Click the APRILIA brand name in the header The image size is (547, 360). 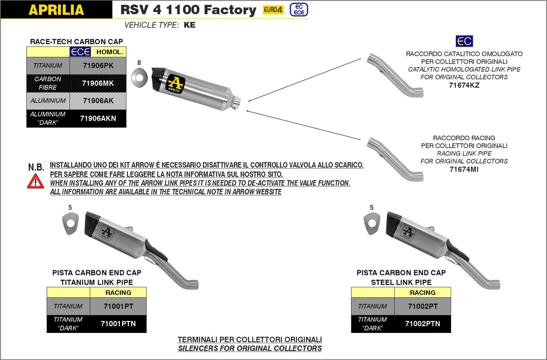tap(56, 9)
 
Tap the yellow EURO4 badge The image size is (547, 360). tap(273, 9)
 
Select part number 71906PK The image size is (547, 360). tap(98, 65)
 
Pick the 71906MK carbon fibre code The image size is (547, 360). tap(98, 83)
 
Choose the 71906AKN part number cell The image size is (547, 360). tap(98, 118)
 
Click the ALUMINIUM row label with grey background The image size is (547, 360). tap(48, 100)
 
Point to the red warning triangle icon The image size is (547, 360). tap(36, 181)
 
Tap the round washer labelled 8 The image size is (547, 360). tap(139, 77)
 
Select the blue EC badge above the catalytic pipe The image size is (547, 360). tap(464, 41)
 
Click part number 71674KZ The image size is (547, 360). tap(464, 85)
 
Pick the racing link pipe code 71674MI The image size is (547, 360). tap(464, 169)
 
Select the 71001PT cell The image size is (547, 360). tap(118, 306)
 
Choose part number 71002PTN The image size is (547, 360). tap(422, 324)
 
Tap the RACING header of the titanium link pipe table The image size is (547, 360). tap(118, 292)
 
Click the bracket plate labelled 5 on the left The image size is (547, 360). tap(70, 223)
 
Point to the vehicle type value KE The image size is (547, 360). tap(190, 25)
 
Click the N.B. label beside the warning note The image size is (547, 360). tap(36, 167)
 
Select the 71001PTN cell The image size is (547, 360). tap(118, 324)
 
